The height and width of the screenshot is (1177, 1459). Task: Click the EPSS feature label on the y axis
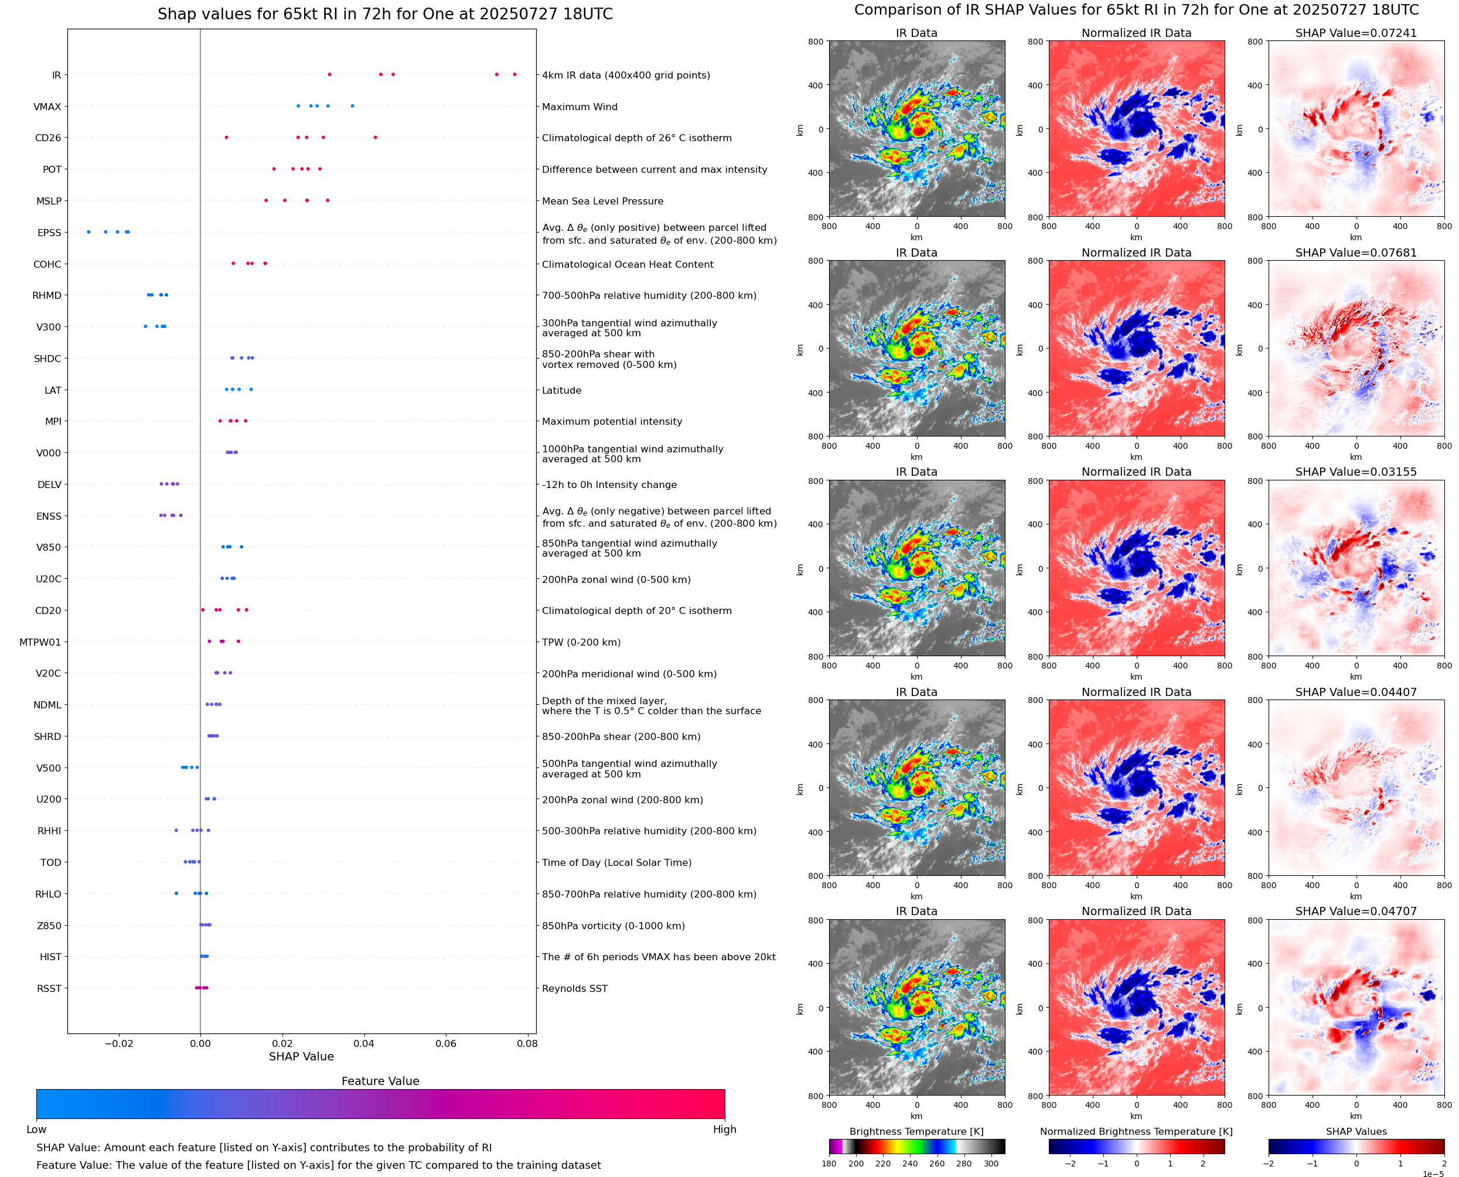coord(49,233)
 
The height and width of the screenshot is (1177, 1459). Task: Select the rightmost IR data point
coord(514,74)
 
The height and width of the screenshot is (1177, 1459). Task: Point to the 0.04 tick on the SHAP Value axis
coord(364,1043)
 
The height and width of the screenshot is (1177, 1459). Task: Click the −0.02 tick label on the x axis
coord(118,1043)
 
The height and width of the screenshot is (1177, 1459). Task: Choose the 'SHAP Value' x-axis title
coord(301,1056)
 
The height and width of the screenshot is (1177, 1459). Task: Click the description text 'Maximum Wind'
coord(579,107)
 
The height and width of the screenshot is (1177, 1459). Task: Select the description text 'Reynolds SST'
coord(574,988)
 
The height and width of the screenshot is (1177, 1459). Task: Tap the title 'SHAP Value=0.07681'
coord(1355,252)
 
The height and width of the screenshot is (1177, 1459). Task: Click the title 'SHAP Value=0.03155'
coord(1355,472)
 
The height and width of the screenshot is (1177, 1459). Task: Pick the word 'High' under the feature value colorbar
coord(724,1130)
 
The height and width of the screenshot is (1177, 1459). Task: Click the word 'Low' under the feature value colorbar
coord(36,1130)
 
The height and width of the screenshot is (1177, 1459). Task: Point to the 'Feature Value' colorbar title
coord(380,1081)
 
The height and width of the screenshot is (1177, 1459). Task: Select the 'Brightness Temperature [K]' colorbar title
coord(916,1131)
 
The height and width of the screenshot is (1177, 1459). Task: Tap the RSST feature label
coord(49,988)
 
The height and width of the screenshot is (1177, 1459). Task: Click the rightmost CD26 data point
coord(376,138)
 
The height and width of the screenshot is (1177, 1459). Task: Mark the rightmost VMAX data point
coord(352,106)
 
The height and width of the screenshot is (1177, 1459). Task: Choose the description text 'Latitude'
coord(561,391)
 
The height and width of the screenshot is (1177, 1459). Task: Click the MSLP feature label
coord(49,202)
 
